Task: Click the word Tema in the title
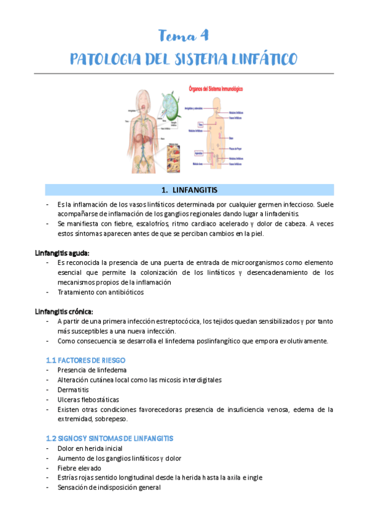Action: point(173,35)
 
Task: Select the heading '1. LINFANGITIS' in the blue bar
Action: point(184,189)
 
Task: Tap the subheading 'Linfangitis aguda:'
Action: point(62,253)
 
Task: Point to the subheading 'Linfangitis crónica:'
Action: point(65,311)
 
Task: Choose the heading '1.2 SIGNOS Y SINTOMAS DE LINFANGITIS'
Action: point(109,438)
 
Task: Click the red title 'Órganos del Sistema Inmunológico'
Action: point(214,89)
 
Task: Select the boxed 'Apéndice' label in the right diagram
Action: point(200,152)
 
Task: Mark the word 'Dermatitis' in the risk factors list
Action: point(73,389)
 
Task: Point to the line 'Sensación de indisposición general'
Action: point(109,487)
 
